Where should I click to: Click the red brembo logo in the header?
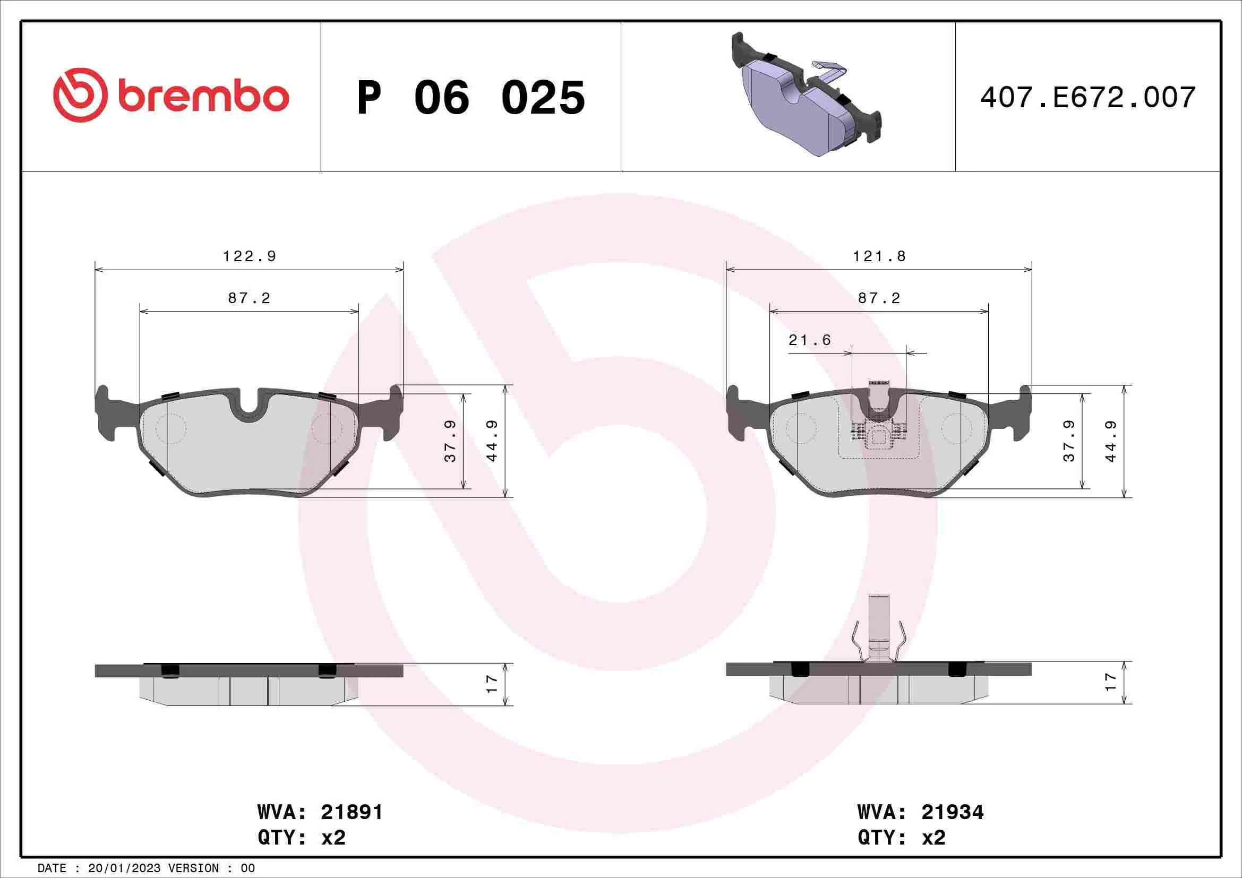pyautogui.click(x=171, y=95)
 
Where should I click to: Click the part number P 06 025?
pyautogui.click(x=470, y=98)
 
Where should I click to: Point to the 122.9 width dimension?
pyautogui.click(x=250, y=256)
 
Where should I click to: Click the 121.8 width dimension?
pyautogui.click(x=879, y=256)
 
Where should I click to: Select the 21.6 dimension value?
pyautogui.click(x=809, y=340)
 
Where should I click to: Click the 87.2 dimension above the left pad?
pyautogui.click(x=249, y=298)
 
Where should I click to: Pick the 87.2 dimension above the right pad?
pyautogui.click(x=879, y=298)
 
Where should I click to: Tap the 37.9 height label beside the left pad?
pyautogui.click(x=450, y=441)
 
